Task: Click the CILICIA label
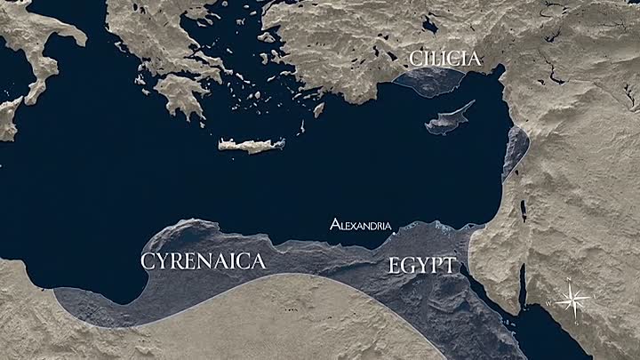[444, 60]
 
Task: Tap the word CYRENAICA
[204, 261]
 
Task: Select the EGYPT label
[422, 265]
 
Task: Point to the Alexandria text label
[359, 224]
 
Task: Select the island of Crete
[252, 145]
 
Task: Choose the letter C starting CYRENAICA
[148, 261]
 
